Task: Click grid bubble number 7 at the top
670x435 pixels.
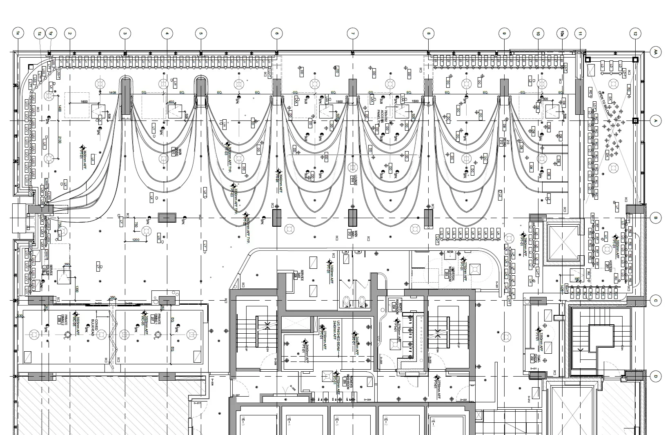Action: click(x=352, y=33)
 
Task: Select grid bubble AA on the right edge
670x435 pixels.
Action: click(x=655, y=52)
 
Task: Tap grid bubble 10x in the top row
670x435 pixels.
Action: click(x=563, y=33)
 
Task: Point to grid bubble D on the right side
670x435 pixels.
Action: click(x=655, y=377)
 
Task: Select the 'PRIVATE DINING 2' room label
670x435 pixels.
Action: click(x=67, y=320)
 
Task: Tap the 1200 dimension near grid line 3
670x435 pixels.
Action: click(x=136, y=240)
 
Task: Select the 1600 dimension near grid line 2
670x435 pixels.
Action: click(x=84, y=102)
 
